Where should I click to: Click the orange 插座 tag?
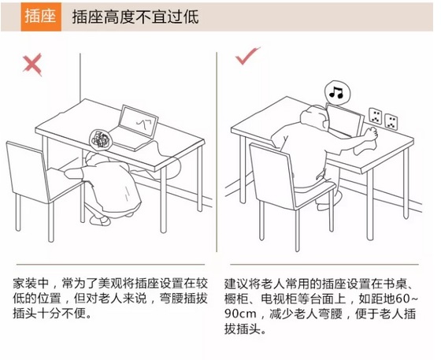41,17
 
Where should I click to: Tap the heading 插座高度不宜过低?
135,17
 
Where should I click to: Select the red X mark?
32,65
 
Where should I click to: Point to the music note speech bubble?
336,92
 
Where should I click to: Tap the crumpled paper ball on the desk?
100,139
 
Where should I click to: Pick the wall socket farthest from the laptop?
391,121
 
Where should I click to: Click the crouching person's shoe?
101,221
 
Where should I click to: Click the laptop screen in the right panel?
345,121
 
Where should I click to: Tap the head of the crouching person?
94,161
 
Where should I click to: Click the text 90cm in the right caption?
240,314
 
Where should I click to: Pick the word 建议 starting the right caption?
236,284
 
